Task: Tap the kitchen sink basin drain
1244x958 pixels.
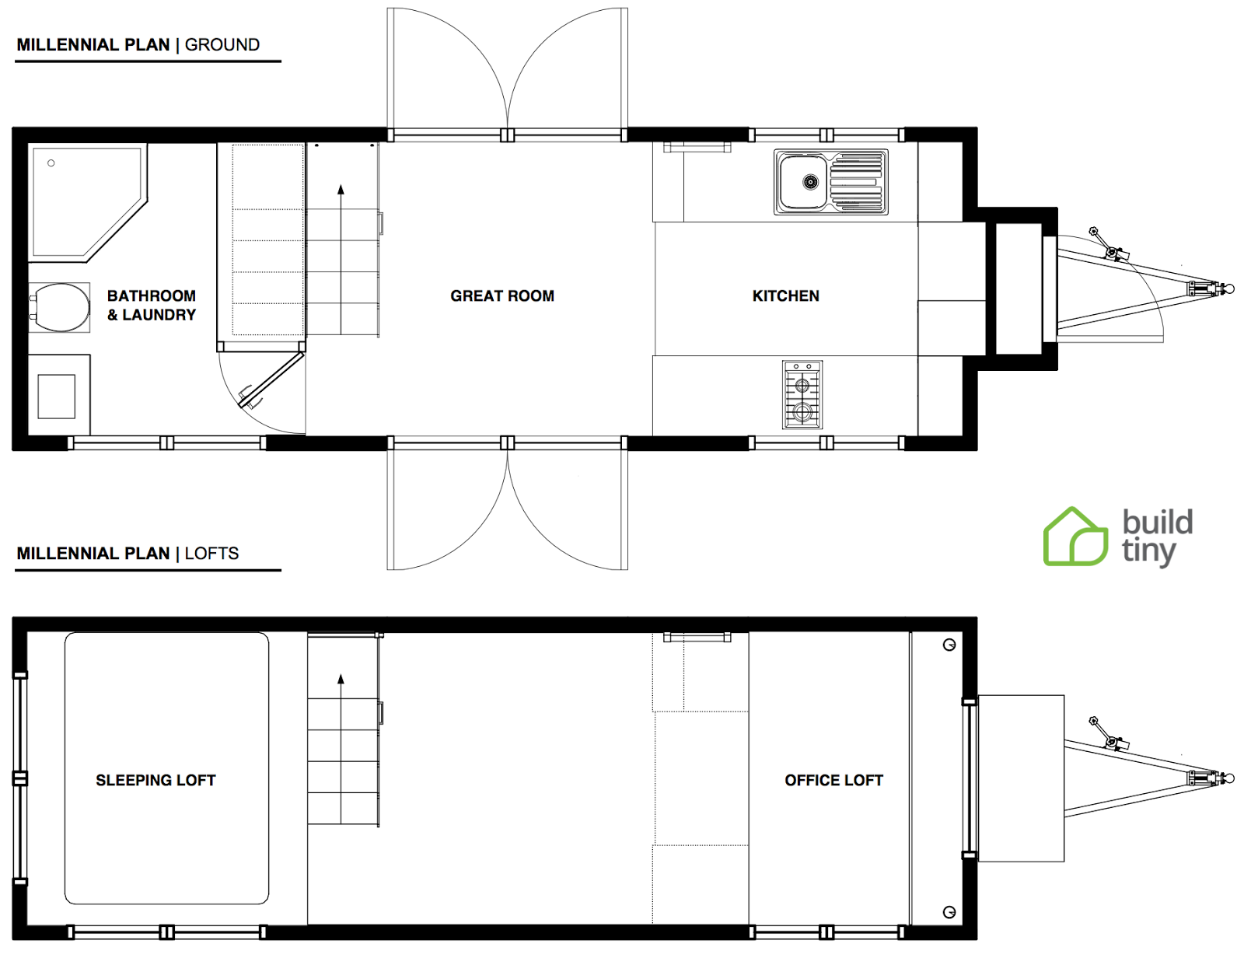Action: pos(810,182)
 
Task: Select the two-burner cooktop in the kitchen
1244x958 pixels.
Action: pos(802,394)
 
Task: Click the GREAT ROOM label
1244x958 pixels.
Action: pos(502,295)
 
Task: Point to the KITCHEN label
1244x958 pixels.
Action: pos(785,295)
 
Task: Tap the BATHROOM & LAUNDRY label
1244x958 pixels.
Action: pos(152,305)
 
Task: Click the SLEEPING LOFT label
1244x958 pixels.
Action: pos(155,780)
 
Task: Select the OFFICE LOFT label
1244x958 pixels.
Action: pos(833,780)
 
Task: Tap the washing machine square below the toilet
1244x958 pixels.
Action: pos(57,396)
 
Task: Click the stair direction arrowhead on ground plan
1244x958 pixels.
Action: pos(341,190)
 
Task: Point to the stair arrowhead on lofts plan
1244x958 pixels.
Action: pos(341,680)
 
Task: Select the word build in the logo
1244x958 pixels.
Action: pos(1157,522)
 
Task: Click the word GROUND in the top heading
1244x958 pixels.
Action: pos(222,45)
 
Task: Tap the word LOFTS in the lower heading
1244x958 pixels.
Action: pos(211,554)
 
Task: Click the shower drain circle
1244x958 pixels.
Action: pos(51,163)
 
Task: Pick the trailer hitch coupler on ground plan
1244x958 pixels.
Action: pos(1227,289)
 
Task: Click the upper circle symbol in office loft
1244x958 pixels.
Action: pos(949,645)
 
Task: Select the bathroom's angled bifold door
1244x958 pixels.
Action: pos(271,380)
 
